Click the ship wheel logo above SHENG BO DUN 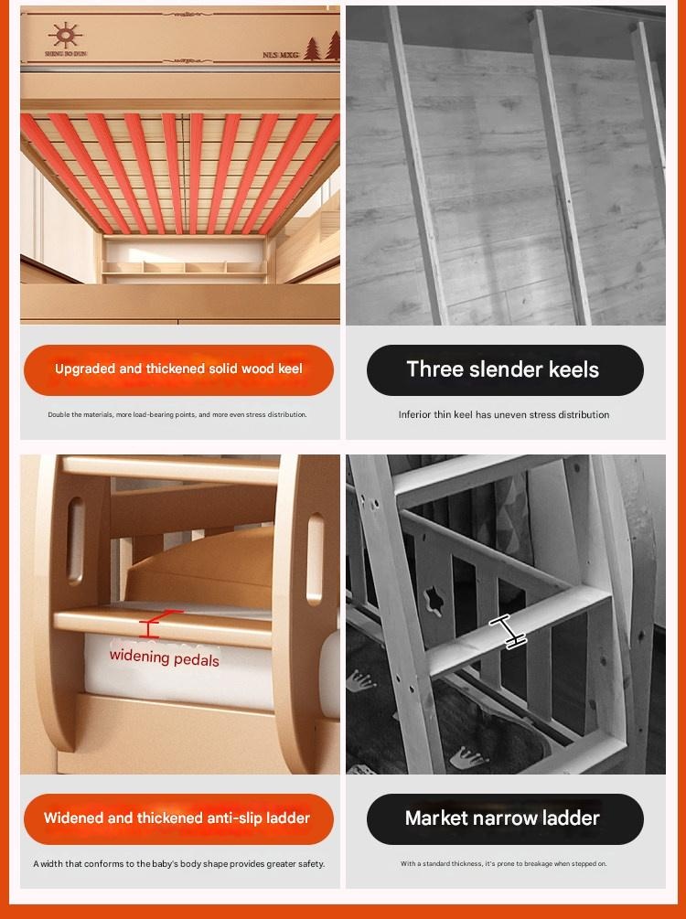point(65,36)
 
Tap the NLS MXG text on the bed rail point(281,55)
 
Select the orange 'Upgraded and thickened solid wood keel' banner point(179,369)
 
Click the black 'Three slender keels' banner point(505,369)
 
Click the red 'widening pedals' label point(164,657)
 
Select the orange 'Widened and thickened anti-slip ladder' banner point(179,818)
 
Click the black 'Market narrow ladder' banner point(505,818)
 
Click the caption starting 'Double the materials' point(177,414)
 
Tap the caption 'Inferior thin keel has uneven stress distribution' point(504,414)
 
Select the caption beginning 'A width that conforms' point(179,863)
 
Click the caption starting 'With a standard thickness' point(504,863)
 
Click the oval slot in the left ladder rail point(76,540)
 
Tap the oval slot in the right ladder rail point(316,559)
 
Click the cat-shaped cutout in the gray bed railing point(434,600)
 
